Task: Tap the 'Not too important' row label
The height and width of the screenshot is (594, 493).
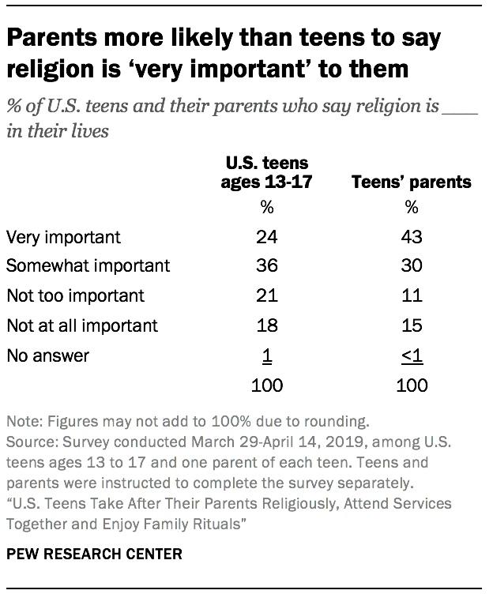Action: click(75, 295)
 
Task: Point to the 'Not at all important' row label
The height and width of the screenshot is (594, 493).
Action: click(81, 325)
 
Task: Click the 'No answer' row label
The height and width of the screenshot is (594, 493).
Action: click(47, 355)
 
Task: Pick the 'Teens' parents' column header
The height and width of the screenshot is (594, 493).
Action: click(411, 182)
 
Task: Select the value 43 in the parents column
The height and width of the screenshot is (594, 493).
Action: click(411, 236)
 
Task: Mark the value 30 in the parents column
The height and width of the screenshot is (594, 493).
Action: click(411, 266)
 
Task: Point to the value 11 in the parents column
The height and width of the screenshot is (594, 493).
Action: click(411, 295)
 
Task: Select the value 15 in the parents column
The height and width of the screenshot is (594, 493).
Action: click(411, 325)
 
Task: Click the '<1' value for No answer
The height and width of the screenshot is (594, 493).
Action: click(411, 355)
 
